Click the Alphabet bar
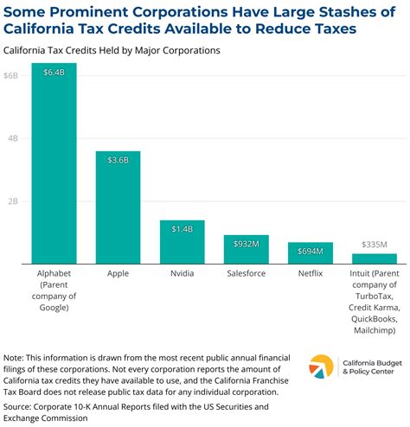[54, 164]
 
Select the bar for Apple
[118, 207]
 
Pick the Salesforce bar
[246, 250]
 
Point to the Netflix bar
[310, 253]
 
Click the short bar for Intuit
[374, 258]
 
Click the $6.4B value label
[54, 73]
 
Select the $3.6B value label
[118, 161]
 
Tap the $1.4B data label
[182, 230]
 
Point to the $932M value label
[246, 244]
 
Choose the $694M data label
[310, 251]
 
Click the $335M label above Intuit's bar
[374, 245]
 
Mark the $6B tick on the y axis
[10, 76]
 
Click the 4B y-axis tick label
[10, 138]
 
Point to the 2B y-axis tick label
[10, 201]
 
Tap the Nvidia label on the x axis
[182, 274]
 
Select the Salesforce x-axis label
[246, 274]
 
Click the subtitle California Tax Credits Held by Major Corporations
[112, 50]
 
